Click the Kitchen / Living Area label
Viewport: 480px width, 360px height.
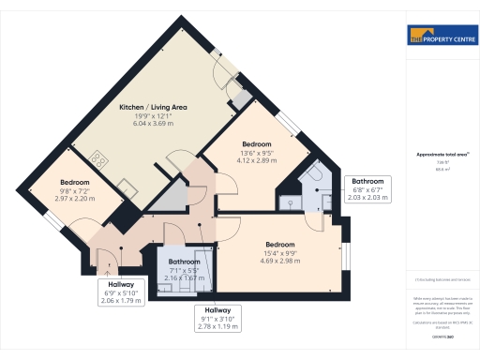154,108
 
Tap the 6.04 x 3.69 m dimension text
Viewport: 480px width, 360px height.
154,125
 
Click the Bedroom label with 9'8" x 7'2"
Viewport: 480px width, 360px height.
75,182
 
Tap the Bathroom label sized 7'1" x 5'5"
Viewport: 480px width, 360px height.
184,262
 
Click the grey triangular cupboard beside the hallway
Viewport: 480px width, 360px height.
170,197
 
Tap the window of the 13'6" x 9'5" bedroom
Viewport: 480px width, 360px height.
291,124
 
